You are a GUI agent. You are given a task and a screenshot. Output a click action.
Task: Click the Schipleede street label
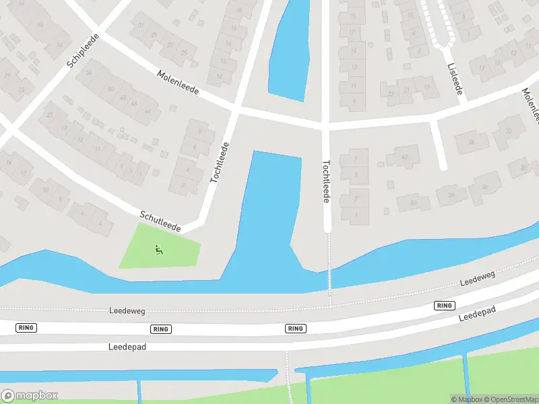click(84, 51)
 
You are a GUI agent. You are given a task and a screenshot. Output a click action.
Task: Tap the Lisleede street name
click(454, 78)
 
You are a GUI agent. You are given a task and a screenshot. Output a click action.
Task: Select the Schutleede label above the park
click(161, 220)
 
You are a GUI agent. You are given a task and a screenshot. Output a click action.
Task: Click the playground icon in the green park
click(159, 250)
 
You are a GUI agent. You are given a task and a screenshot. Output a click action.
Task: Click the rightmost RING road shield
click(444, 306)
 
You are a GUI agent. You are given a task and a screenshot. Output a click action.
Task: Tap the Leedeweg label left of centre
click(127, 311)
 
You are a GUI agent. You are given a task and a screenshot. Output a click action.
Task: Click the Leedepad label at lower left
click(127, 347)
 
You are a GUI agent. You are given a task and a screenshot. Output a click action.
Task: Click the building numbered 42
click(404, 157)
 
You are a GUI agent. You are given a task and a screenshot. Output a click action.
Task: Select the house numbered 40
click(413, 202)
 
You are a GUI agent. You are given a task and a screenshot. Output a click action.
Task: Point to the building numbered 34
click(471, 142)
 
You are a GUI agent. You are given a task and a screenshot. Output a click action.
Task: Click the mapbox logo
click(30, 396)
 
